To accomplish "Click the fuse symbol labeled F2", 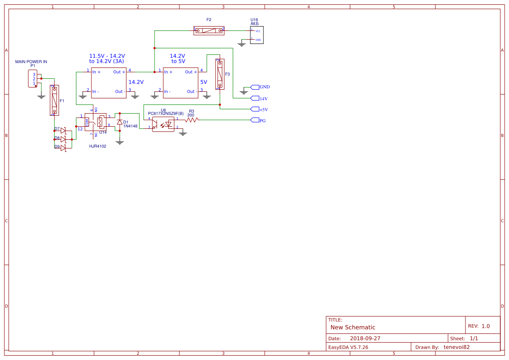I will point(209,30).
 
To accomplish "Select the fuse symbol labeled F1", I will point(54,100).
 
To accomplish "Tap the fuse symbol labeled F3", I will point(220,74).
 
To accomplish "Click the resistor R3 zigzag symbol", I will point(192,120).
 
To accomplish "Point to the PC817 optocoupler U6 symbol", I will point(163,124).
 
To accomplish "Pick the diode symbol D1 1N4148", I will point(120,122).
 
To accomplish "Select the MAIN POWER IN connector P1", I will point(33,78).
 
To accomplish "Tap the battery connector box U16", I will point(256,35).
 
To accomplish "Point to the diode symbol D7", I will point(63,131).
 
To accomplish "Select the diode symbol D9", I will point(63,148).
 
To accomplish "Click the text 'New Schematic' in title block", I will point(353,327).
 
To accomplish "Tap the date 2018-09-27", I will point(365,338).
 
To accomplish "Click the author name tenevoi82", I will point(456,347).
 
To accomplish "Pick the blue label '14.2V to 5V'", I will point(178,59).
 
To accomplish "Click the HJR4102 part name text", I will point(98,146).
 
